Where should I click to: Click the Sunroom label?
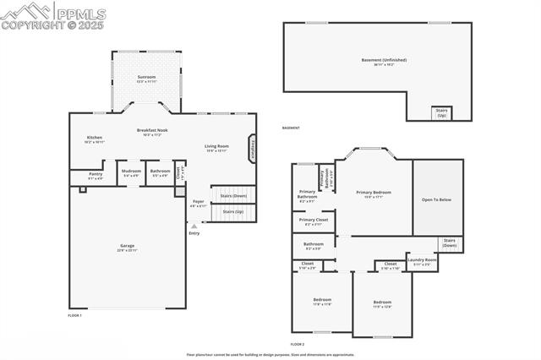click(146, 77)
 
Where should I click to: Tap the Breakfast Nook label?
click(150, 130)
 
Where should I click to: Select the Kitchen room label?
click(94, 139)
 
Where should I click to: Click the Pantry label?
click(95, 174)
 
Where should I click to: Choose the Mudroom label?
click(131, 172)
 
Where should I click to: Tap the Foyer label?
click(198, 202)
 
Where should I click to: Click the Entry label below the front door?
click(194, 232)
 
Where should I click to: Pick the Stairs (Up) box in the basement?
click(440, 112)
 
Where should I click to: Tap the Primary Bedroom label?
click(373, 193)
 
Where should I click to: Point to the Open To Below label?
click(438, 199)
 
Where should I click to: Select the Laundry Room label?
click(421, 261)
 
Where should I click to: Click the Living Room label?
click(217, 147)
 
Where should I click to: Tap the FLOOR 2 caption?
click(297, 344)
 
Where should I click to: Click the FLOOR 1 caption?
click(74, 315)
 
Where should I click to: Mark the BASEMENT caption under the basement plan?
click(292, 128)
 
